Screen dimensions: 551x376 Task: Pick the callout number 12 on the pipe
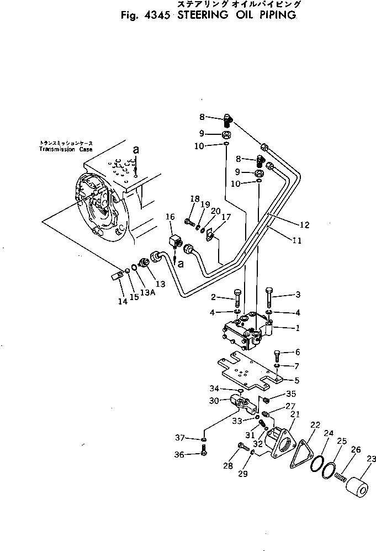[305, 225]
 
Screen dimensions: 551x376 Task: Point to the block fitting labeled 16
[176, 242]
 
